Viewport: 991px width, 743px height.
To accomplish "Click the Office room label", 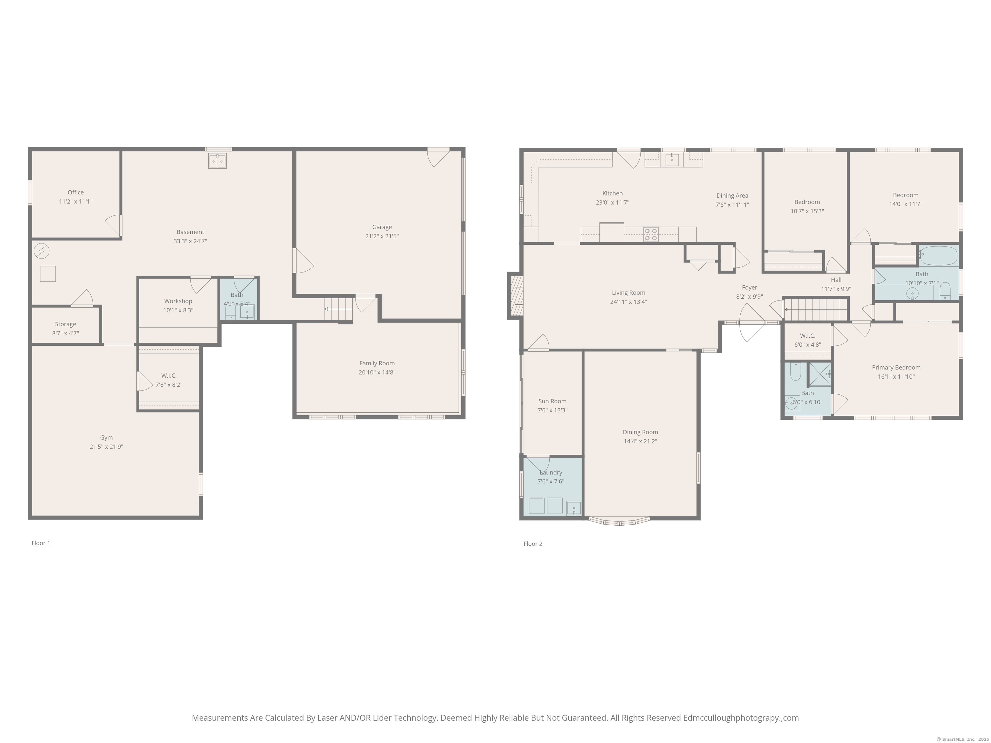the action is (76, 192).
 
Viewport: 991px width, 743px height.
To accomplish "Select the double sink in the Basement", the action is (217, 161).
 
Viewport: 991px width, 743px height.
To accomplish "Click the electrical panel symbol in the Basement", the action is (42, 251).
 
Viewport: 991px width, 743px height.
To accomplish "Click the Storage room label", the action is (65, 324).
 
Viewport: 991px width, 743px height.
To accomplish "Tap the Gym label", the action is (106, 438).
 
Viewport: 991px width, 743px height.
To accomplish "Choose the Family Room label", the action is (377, 363).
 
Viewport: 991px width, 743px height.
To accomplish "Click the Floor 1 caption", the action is (41, 543).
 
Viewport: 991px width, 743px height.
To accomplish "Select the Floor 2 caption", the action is (533, 544).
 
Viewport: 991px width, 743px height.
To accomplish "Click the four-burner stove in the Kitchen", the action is (651, 234).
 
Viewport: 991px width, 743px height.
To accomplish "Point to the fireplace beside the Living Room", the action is (516, 296).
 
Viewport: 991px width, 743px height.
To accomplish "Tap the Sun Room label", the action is (552, 401).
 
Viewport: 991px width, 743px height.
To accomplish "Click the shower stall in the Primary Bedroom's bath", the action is (820, 374).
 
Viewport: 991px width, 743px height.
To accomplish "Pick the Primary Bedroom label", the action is (896, 367).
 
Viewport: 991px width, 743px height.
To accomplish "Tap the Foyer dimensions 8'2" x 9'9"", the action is (749, 296).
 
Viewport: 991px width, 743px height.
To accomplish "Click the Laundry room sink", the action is (574, 508).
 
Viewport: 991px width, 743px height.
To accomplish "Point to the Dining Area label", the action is (732, 195).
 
